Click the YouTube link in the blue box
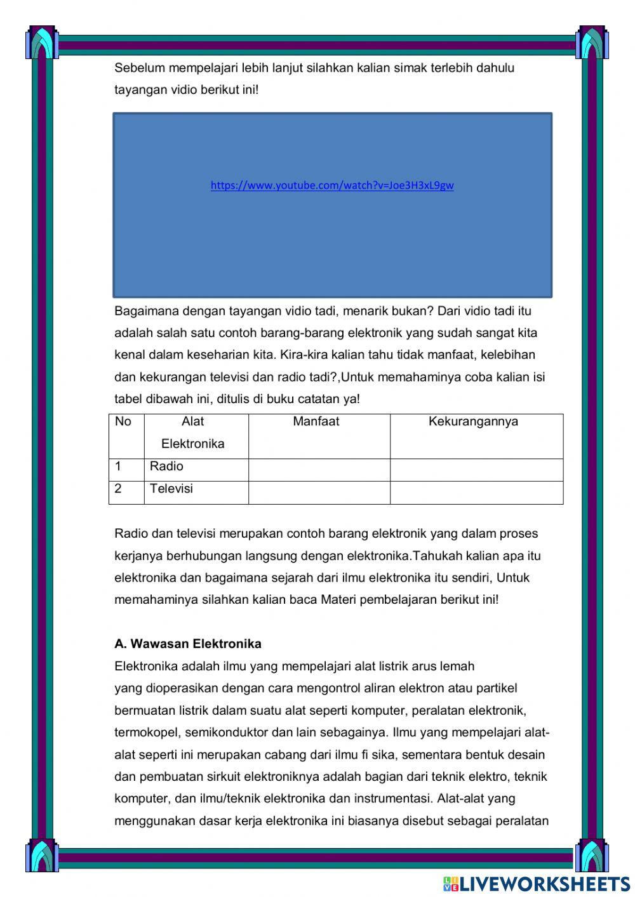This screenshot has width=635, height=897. [x=332, y=185]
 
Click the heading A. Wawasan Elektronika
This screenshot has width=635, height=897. [x=188, y=644]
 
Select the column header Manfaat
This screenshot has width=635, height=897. [x=316, y=422]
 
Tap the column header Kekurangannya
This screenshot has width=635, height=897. [x=473, y=422]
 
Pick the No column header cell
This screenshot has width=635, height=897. [x=123, y=422]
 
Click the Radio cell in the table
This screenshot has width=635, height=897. [x=166, y=467]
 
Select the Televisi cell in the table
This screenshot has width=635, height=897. [x=171, y=489]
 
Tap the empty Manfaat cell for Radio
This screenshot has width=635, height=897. [x=319, y=470]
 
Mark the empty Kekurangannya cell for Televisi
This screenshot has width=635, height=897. [x=476, y=493]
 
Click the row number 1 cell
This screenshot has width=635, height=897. [x=119, y=467]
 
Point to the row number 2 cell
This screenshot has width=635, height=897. [x=119, y=489]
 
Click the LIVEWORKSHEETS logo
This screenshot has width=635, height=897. [x=537, y=883]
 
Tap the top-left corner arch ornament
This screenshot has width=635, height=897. [x=42, y=43]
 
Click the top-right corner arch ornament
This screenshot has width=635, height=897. [x=592, y=43]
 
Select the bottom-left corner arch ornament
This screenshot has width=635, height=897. [x=42, y=854]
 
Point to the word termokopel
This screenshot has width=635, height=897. [x=146, y=733]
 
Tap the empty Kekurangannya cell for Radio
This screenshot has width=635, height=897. [x=476, y=470]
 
